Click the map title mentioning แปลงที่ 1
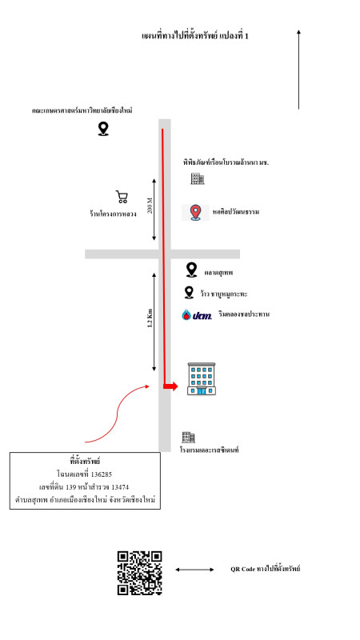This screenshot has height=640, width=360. click(x=194, y=36)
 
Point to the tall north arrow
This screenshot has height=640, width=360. click(x=298, y=69)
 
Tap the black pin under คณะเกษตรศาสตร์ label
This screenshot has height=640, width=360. click(x=103, y=129)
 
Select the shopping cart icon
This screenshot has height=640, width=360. click(x=122, y=197)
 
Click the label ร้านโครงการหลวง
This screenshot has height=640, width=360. click(x=113, y=214)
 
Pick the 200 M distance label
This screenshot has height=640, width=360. click(x=150, y=206)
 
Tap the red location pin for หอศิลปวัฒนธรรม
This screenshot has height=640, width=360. click(x=196, y=213)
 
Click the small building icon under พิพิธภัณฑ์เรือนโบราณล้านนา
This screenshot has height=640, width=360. click(x=198, y=178)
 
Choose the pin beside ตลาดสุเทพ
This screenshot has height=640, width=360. click(x=191, y=270)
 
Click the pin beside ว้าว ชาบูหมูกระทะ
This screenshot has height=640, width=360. click(x=189, y=292)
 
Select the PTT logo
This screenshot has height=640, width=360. click(x=197, y=314)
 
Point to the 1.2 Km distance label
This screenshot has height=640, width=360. click(x=150, y=318)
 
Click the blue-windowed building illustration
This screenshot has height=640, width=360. click(x=202, y=378)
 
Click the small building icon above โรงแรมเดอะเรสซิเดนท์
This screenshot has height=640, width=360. click(x=188, y=437)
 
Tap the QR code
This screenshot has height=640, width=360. click(x=140, y=573)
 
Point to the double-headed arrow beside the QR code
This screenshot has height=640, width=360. click(x=194, y=570)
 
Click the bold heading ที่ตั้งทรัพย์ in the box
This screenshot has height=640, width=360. click(x=85, y=462)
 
